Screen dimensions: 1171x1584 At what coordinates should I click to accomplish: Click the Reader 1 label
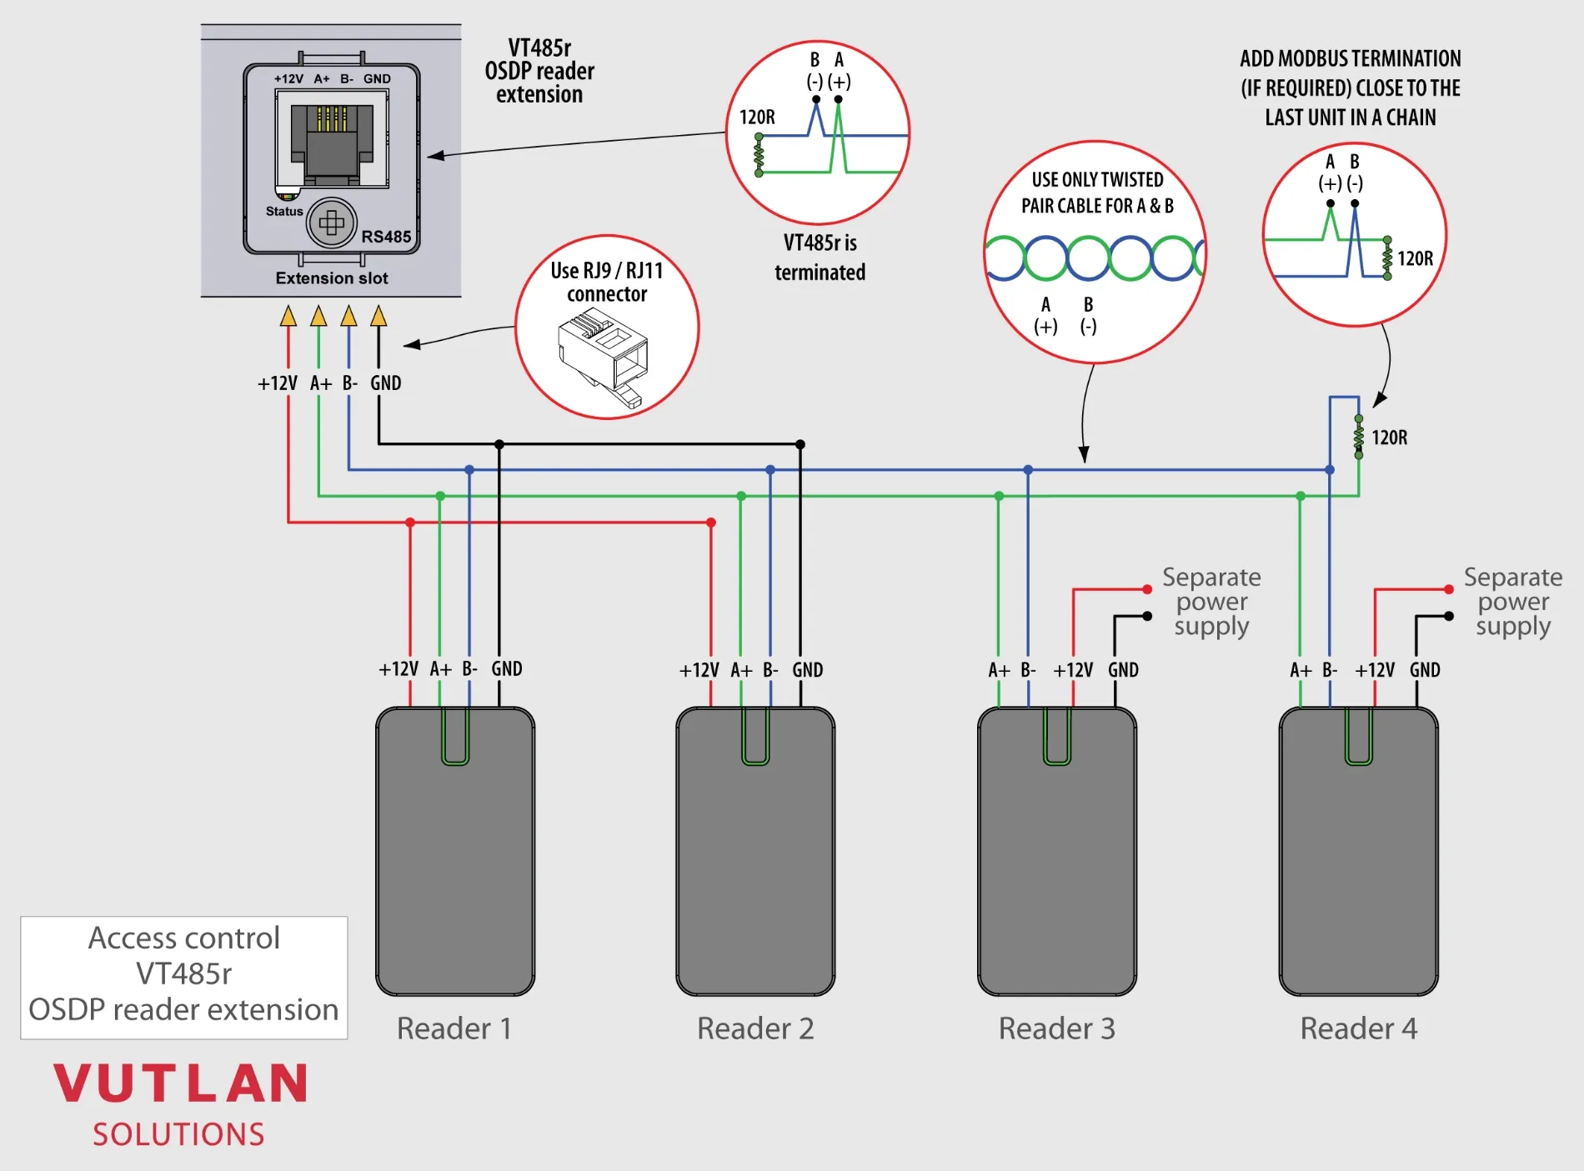click(454, 1028)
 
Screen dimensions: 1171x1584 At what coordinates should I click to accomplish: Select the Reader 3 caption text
click(1056, 1028)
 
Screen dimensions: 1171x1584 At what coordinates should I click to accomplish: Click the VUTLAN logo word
click(181, 1084)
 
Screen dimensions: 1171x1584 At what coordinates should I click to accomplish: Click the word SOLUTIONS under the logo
click(178, 1135)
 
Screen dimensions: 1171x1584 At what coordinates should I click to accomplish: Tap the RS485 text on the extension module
click(386, 237)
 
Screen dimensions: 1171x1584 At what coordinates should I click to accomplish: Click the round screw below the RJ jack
click(332, 223)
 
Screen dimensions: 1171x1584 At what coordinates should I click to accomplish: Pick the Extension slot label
click(332, 278)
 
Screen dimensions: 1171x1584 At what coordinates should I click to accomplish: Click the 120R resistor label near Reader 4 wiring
click(1389, 438)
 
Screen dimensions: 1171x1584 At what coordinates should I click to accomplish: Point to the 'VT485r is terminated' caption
click(820, 258)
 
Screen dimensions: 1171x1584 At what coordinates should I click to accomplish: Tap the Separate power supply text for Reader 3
click(1211, 602)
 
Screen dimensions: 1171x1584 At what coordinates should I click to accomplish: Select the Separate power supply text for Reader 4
click(1513, 602)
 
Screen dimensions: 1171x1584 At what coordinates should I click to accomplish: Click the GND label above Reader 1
click(506, 669)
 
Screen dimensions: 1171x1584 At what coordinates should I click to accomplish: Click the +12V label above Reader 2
click(699, 670)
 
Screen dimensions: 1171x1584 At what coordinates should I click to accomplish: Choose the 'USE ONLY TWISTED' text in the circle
click(1097, 180)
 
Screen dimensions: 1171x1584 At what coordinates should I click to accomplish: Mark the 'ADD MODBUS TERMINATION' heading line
click(1350, 59)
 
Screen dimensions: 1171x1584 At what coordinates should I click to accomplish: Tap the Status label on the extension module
click(284, 212)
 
